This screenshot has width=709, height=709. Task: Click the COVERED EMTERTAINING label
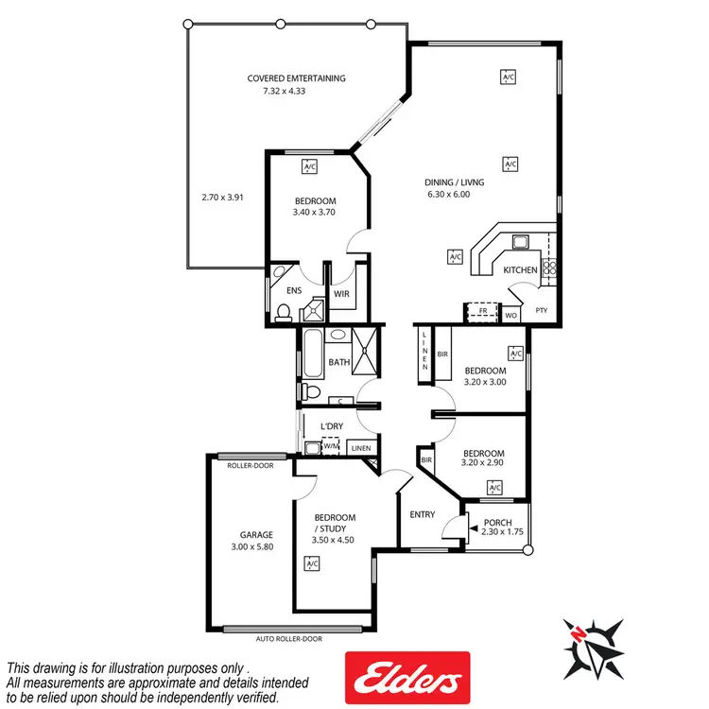(x=296, y=78)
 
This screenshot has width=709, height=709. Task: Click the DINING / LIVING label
(x=448, y=182)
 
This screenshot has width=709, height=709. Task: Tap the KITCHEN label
(x=520, y=270)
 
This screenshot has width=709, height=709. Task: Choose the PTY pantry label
(x=542, y=310)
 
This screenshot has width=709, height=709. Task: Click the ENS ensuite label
(x=294, y=291)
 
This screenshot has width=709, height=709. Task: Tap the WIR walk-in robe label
(x=341, y=293)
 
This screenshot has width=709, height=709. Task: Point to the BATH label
(x=338, y=362)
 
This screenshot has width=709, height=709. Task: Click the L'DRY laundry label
(x=331, y=427)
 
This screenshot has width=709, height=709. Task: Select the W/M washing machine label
(x=331, y=447)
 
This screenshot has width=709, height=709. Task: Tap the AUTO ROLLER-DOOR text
(x=288, y=639)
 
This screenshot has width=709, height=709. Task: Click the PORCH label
(x=497, y=523)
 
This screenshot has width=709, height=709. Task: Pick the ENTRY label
(x=422, y=514)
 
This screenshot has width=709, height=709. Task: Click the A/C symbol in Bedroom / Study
(x=311, y=564)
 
